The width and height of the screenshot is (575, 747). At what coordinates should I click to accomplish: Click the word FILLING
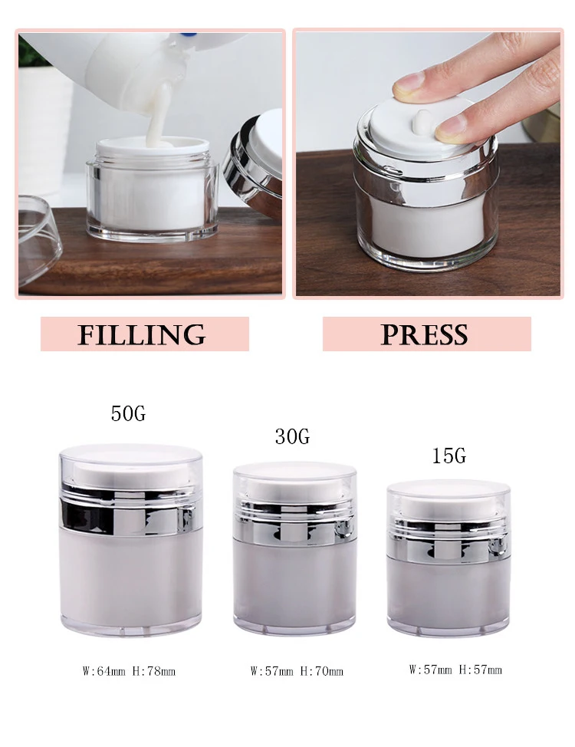pos(142,335)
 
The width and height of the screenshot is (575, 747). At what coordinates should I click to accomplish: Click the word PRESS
pos(424,335)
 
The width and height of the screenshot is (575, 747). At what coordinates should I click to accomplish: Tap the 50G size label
pos(128,415)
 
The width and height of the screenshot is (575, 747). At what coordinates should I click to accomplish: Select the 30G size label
pos(292,437)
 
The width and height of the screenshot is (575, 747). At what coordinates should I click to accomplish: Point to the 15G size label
pos(449,456)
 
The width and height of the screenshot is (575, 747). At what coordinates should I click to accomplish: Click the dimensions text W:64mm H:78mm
pos(129,671)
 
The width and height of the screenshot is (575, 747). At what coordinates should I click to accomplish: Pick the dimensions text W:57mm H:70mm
pos(297,671)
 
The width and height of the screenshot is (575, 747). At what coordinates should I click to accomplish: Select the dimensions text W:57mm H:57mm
pos(455,670)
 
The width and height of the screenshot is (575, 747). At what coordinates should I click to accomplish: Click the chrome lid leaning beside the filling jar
pos(257,165)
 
